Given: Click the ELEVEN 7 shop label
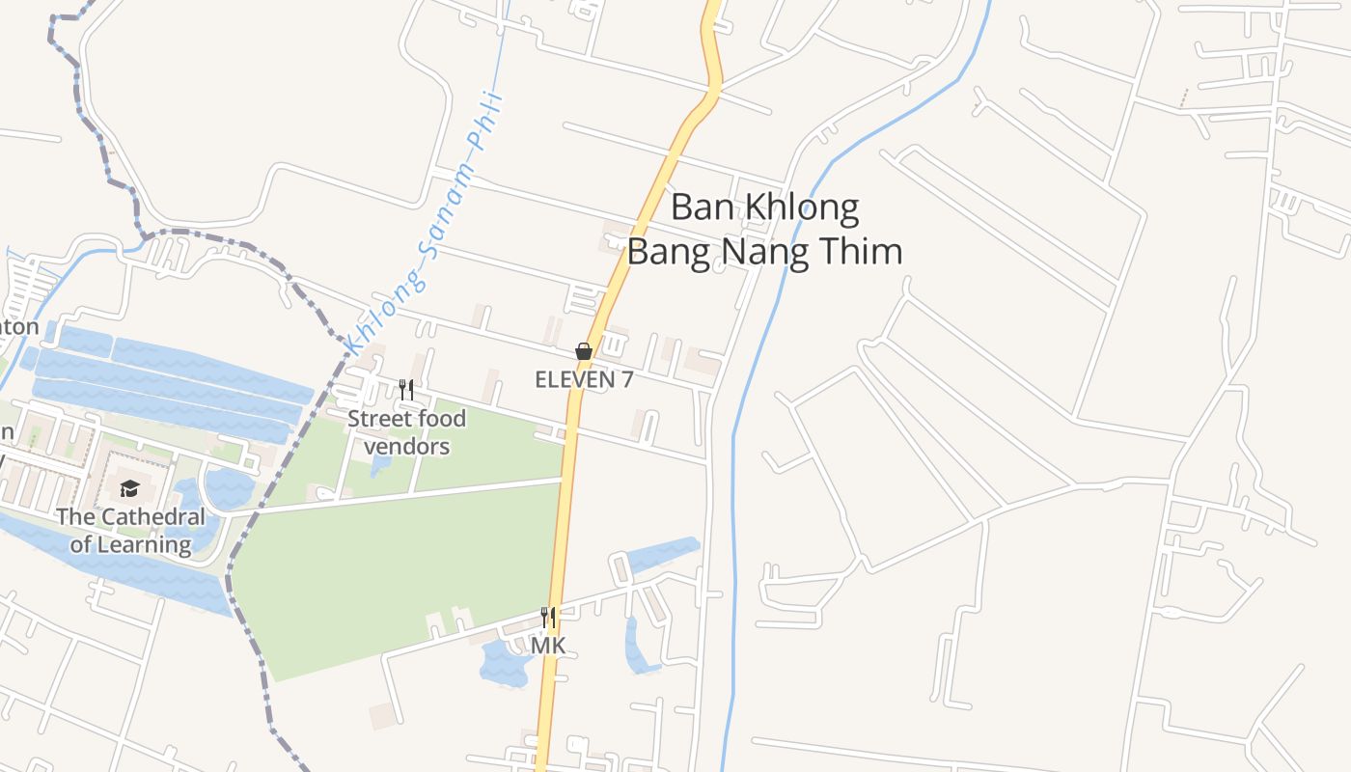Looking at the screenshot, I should [x=584, y=379].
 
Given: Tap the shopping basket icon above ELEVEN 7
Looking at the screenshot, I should [x=584, y=351].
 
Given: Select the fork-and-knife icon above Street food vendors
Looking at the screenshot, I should [x=406, y=390].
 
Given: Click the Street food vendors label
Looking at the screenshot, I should [x=406, y=432].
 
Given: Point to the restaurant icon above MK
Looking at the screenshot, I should [x=548, y=617].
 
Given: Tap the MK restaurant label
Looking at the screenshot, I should [x=548, y=645].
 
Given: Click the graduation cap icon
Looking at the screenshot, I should [x=130, y=489].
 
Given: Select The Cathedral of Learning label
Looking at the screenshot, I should [x=130, y=531].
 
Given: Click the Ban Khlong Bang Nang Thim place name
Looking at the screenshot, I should [x=764, y=229].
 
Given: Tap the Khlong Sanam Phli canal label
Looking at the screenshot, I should [x=425, y=222].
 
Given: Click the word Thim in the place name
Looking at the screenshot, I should [x=861, y=251].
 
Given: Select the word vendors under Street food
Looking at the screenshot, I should [x=406, y=447].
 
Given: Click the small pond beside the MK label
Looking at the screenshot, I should [x=505, y=664].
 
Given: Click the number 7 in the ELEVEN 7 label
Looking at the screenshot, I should [x=626, y=379].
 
